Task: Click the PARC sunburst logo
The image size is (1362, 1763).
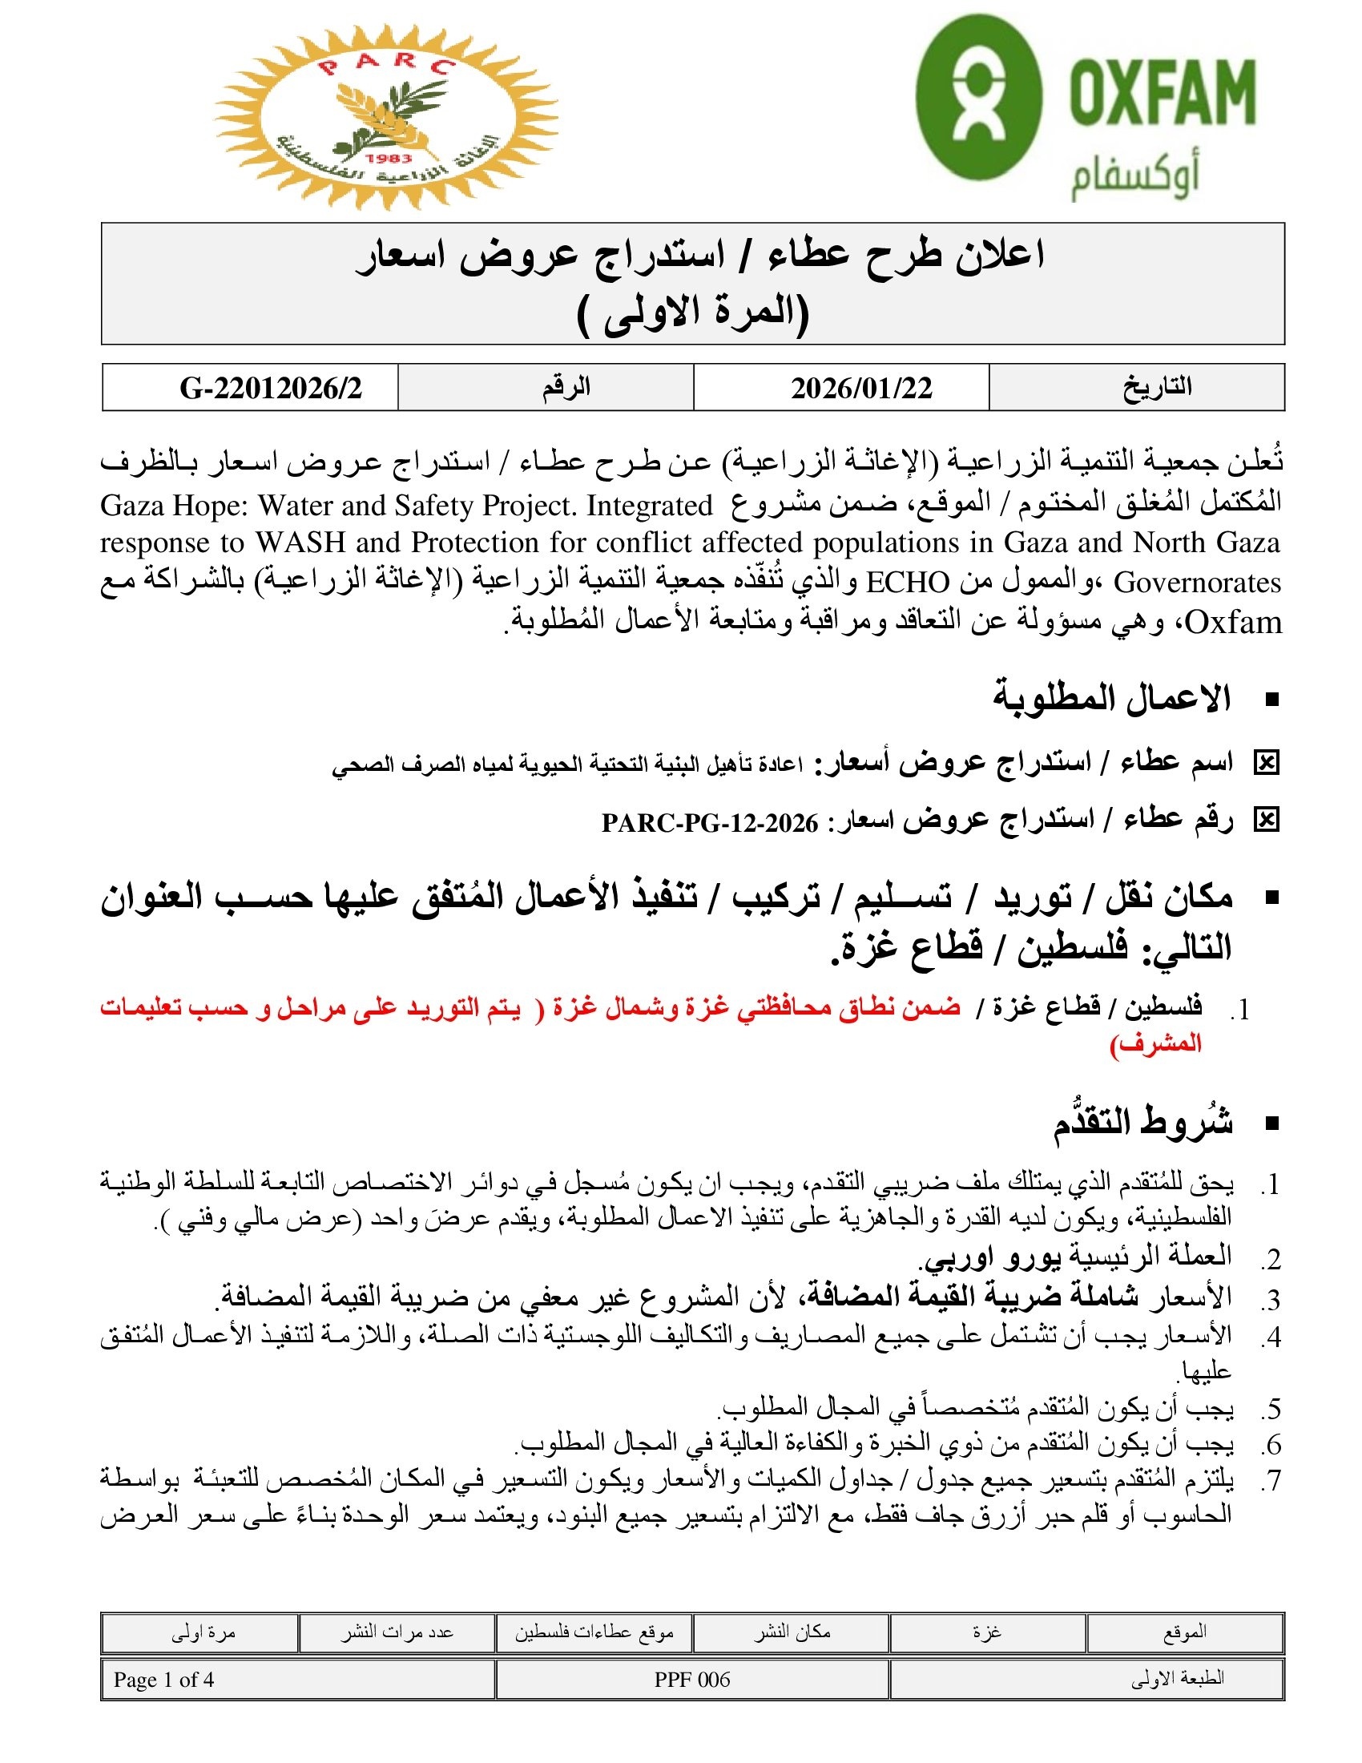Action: click(385, 118)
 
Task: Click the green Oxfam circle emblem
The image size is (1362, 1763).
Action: click(979, 96)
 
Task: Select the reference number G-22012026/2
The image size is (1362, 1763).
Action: click(270, 389)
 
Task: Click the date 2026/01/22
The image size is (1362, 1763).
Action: click(861, 389)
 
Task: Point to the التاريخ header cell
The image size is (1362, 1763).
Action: click(1157, 388)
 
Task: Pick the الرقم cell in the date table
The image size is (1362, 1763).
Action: click(566, 388)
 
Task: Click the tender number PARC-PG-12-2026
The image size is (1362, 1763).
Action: click(709, 822)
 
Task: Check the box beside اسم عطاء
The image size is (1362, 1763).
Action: click(1266, 762)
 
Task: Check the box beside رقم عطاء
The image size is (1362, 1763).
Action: click(1266, 821)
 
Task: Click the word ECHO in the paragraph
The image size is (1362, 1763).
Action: click(908, 582)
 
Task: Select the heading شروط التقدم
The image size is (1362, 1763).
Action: click(1142, 1122)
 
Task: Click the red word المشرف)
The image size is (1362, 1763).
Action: click(1155, 1043)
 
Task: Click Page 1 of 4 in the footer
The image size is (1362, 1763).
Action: click(163, 1680)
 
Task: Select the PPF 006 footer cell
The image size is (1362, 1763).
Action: click(691, 1680)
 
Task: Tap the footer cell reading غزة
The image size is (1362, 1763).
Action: click(986, 1632)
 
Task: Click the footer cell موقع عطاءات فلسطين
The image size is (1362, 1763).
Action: click(594, 1632)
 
